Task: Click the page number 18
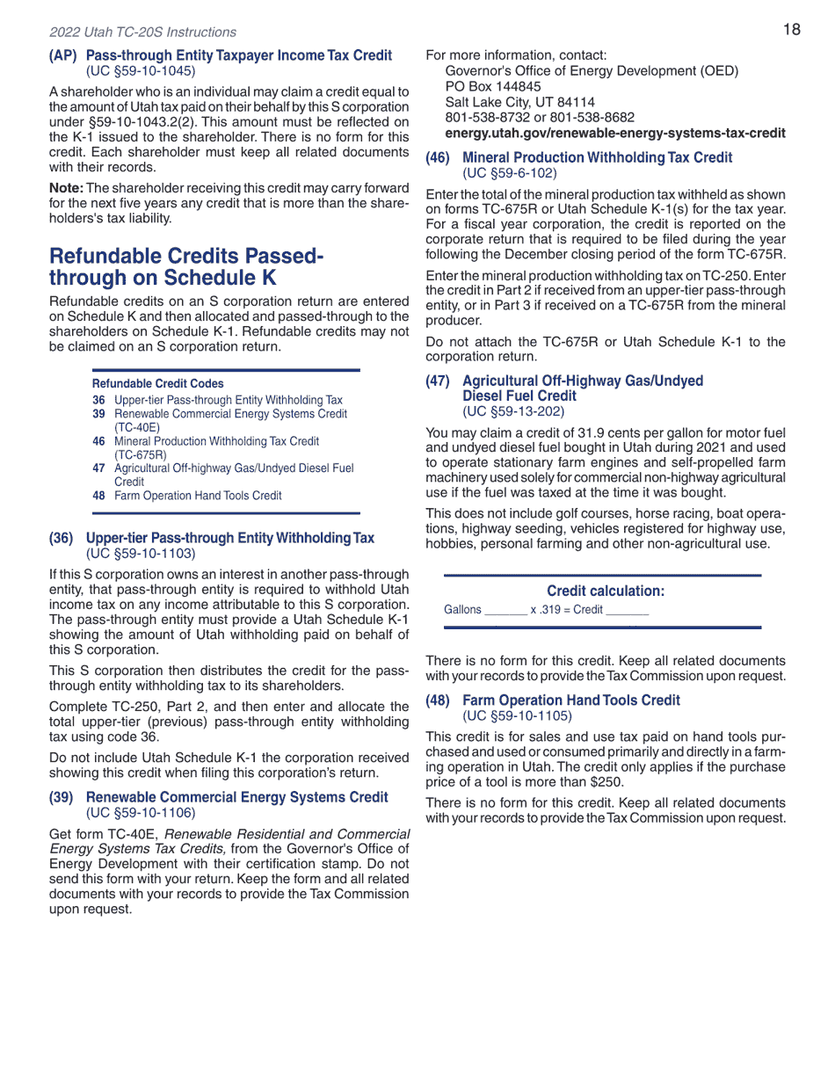791,30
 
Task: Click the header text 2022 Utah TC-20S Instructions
142,33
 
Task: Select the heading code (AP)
63,55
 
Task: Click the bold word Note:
66,189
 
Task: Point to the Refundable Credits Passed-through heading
185,267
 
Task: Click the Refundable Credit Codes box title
157,384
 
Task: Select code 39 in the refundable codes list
98,414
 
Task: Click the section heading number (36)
62,538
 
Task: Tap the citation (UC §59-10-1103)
140,553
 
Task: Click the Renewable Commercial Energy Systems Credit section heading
236,797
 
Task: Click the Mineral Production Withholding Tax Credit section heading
597,158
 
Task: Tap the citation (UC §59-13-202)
512,410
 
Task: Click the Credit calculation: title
605,591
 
